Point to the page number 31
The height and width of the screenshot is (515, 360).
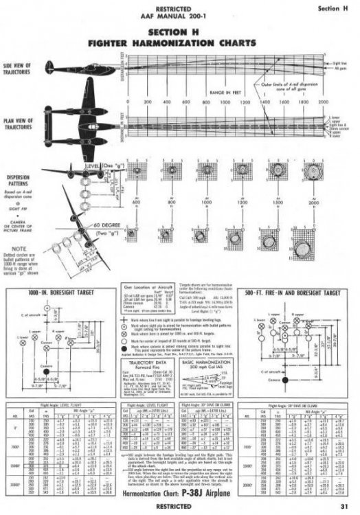click(343, 507)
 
